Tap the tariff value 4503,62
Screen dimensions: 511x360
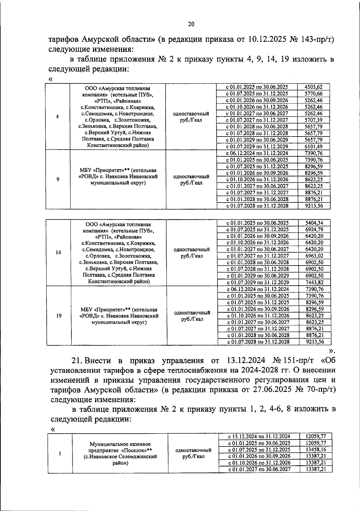click(313, 87)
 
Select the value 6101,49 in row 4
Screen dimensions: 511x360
click(313, 146)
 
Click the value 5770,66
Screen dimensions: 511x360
click(313, 94)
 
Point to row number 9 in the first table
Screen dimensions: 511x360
click(58, 179)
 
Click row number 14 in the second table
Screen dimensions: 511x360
click(58, 252)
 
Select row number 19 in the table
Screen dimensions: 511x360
click(59, 316)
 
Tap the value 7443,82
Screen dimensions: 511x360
click(314, 282)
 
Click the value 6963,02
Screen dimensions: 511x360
click(314, 256)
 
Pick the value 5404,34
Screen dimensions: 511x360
click(314, 223)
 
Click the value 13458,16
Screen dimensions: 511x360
click(316, 449)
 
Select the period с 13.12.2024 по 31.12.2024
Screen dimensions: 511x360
click(259, 437)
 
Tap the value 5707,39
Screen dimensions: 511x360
click(313, 120)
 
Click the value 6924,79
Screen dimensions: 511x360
click(314, 230)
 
